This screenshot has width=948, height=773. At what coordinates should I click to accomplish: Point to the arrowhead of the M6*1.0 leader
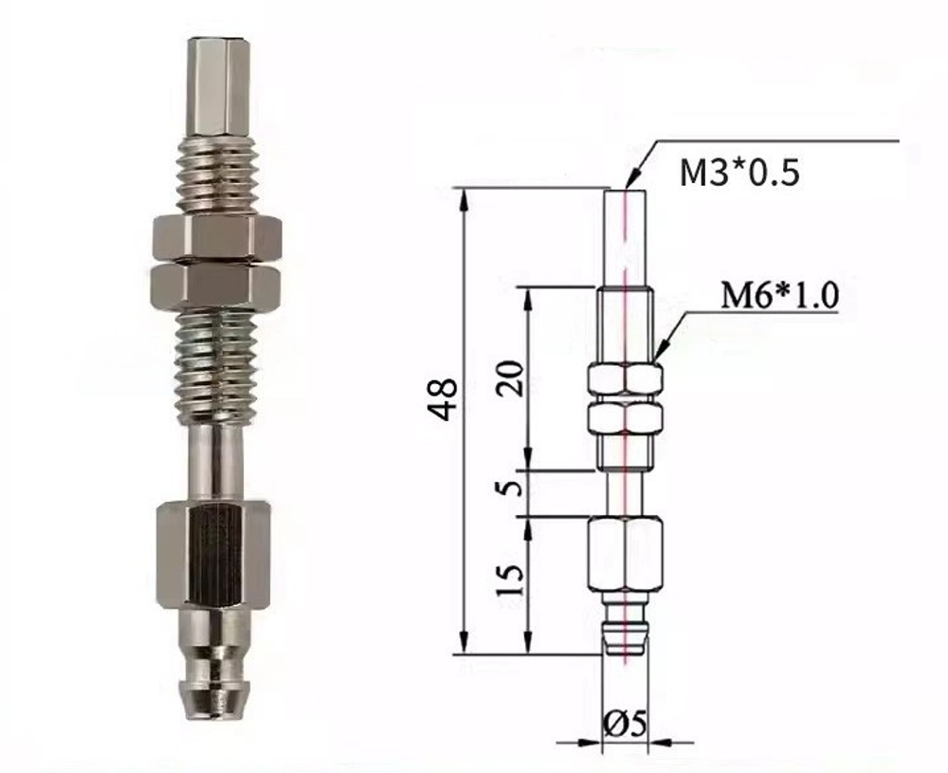(658, 355)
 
